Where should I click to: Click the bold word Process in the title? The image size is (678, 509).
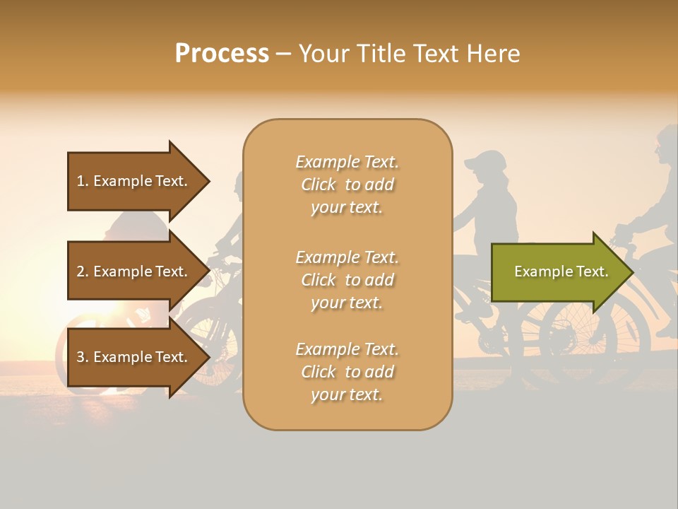[222, 54]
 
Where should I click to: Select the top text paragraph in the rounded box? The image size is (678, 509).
[347, 185]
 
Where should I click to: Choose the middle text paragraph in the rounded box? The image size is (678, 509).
[347, 280]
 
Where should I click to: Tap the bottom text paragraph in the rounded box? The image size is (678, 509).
[347, 372]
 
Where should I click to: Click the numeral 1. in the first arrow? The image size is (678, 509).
[83, 181]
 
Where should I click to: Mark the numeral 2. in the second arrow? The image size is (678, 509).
[83, 271]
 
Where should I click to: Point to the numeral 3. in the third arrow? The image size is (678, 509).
[83, 357]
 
